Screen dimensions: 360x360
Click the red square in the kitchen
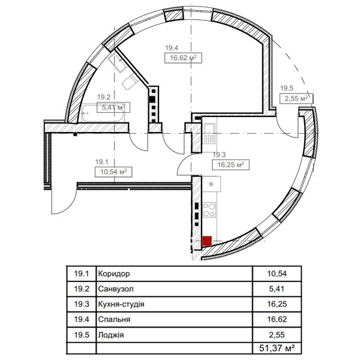207,241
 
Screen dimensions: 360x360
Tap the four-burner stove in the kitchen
209,210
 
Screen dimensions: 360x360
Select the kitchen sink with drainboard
209,134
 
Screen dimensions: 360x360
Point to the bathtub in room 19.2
103,113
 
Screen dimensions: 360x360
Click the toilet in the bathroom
130,82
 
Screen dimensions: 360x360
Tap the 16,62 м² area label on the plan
183,58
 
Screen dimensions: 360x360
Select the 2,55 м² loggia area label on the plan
296,98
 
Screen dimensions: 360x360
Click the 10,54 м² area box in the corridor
113,172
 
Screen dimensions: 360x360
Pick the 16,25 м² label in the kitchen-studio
230,164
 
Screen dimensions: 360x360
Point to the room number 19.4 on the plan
172,48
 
